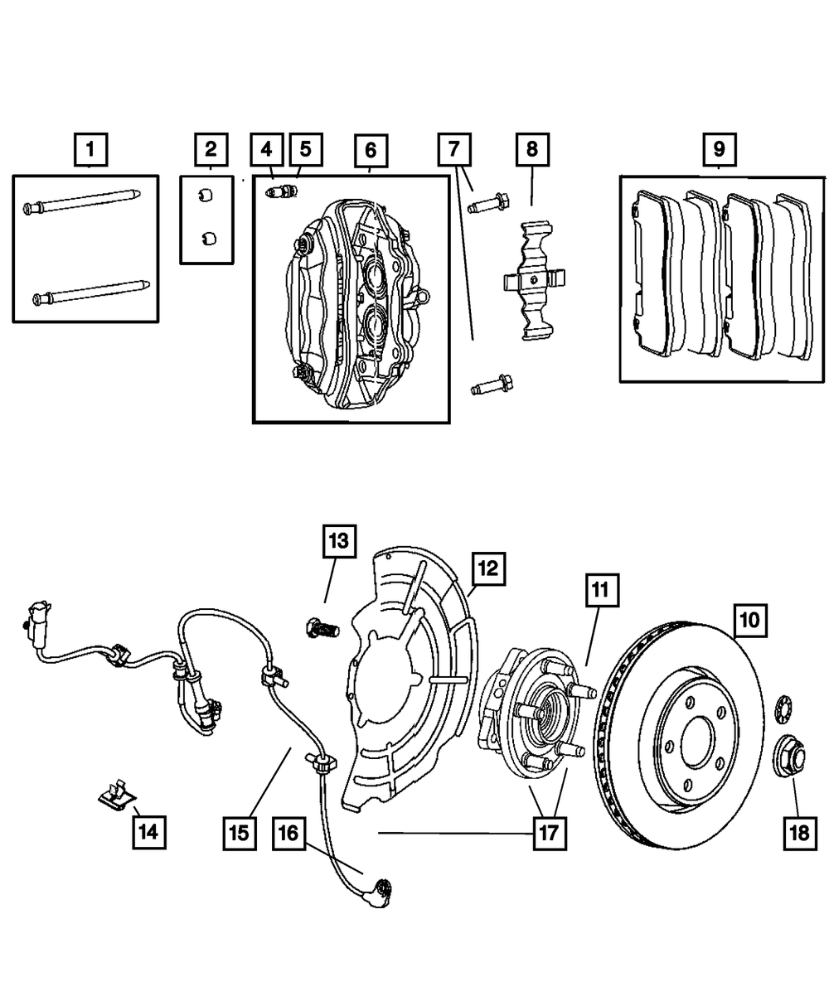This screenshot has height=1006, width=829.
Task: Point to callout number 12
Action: click(487, 569)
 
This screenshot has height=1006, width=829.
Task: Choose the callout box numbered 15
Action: click(239, 831)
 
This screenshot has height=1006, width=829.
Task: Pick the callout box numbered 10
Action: click(749, 619)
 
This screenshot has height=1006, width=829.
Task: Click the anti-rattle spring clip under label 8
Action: click(534, 282)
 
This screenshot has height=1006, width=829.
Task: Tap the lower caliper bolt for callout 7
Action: click(492, 385)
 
